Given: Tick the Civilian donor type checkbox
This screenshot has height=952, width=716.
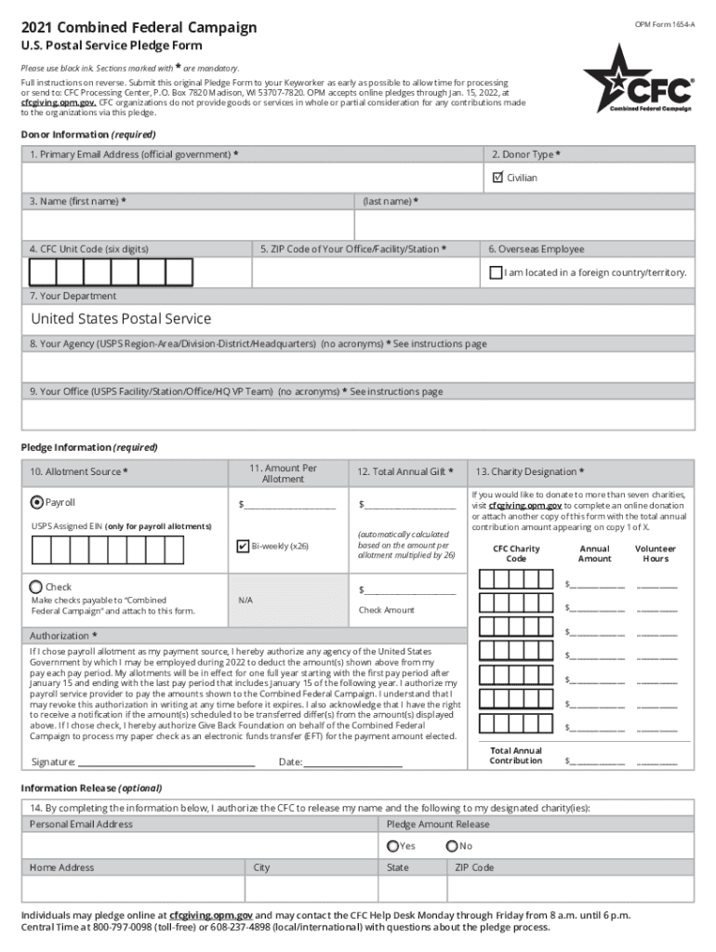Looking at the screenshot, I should coord(497,177).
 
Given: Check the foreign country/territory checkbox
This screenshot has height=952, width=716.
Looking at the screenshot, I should coord(496,272).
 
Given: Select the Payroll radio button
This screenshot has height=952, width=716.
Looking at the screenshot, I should coord(36,502).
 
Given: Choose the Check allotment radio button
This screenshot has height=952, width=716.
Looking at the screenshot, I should coord(36,587).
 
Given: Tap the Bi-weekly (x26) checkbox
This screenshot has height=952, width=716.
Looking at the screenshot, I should coord(243,546).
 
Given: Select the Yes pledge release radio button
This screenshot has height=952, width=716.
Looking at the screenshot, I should coord(392,846).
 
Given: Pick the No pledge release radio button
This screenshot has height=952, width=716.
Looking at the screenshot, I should coord(452,846).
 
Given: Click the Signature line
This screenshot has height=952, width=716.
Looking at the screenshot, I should coord(166,761).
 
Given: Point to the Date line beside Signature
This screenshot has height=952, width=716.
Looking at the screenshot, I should coord(352,761).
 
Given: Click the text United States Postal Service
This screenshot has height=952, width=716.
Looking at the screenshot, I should coord(121,319).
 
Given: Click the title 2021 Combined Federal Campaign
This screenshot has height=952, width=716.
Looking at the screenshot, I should coord(139,28).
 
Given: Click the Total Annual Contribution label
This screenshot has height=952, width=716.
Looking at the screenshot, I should coord(515,755).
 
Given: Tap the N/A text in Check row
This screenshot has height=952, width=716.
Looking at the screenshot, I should coord(245,601).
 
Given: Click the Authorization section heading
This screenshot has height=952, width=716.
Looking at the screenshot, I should coord(63,636).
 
